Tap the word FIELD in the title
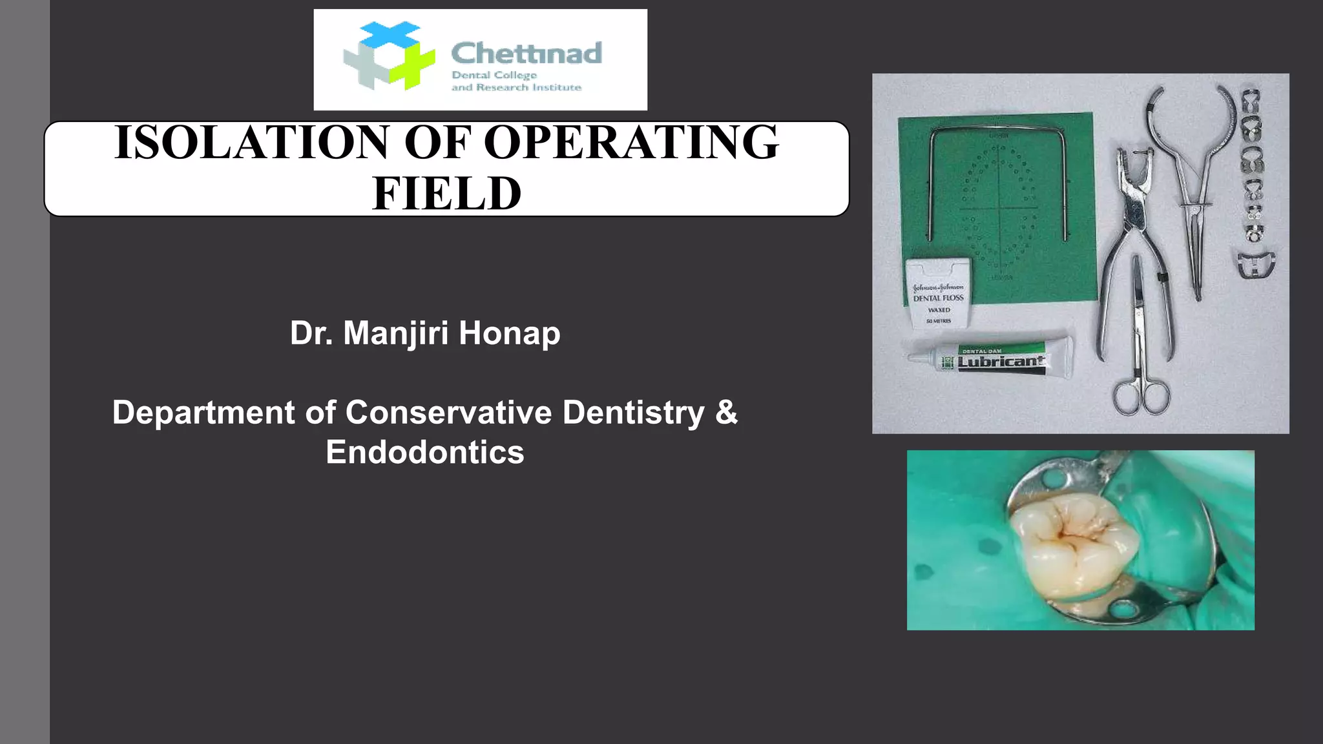446,194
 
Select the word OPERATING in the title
631,143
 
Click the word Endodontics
424,452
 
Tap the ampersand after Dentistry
726,412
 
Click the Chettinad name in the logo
526,53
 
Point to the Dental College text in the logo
494,75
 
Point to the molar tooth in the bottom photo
1072,546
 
